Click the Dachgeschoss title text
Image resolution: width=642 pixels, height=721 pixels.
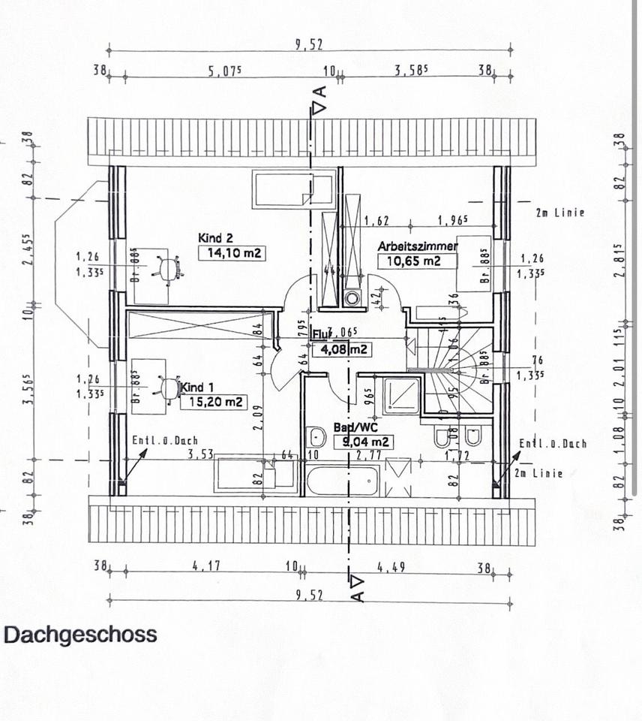[x=81, y=635]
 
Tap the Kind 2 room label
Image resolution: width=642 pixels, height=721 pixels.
[x=215, y=238]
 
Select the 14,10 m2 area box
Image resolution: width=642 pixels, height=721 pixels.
[x=232, y=254]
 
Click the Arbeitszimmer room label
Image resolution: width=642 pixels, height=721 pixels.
[x=418, y=246]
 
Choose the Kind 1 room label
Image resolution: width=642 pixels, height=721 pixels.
[x=193, y=388]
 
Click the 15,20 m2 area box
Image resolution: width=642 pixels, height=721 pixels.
[x=213, y=402]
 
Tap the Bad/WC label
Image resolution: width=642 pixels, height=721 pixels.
[x=351, y=427]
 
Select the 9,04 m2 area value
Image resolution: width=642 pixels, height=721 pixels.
[x=366, y=442]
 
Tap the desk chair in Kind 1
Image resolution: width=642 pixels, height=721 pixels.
[x=168, y=388]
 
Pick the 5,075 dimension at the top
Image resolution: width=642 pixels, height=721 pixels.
[x=223, y=72]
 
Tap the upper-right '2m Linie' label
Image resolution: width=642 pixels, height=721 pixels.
[x=559, y=213]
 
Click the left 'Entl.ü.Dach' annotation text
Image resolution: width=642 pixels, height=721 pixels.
[x=164, y=442]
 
